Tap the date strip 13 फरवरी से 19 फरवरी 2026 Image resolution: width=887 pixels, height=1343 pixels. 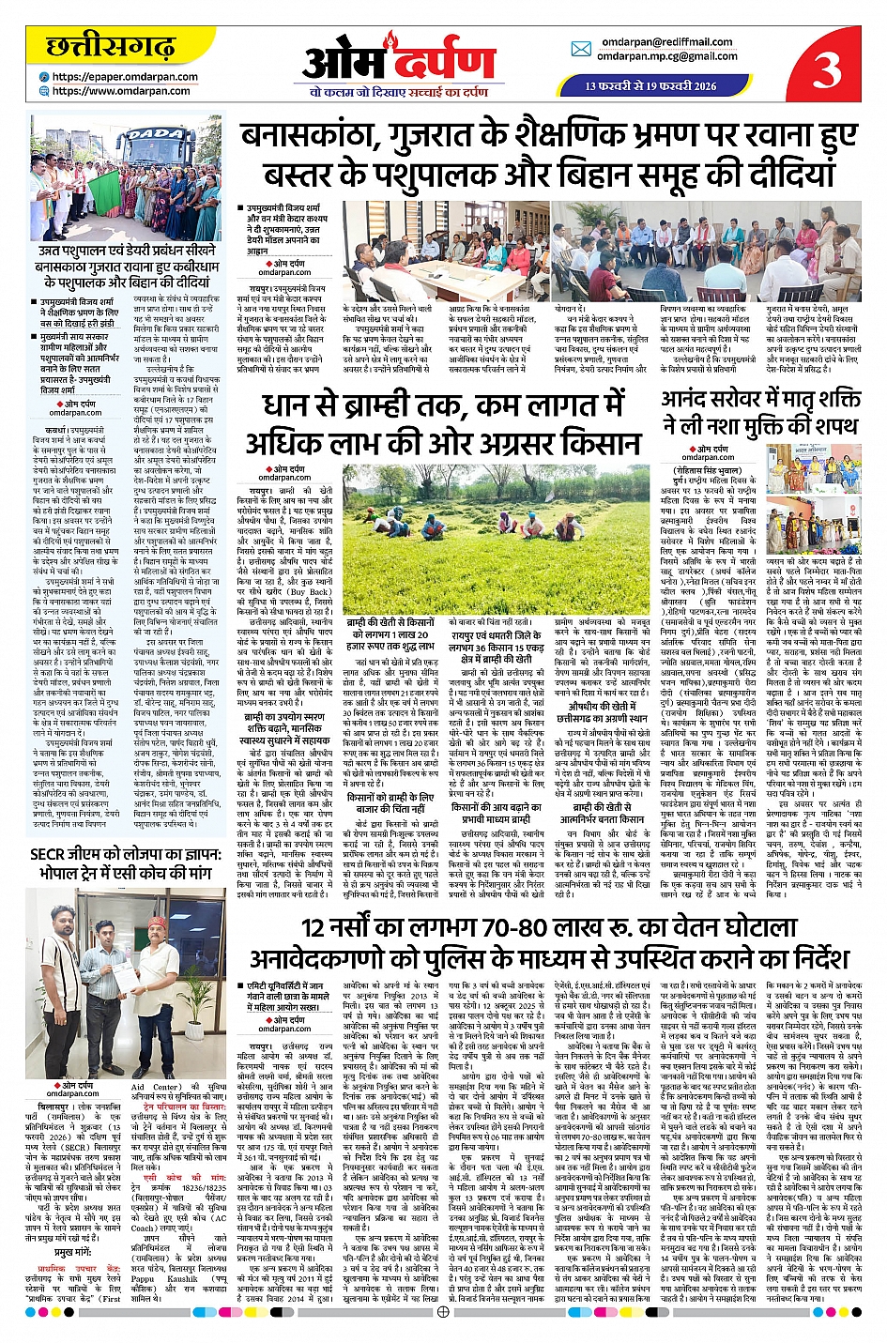pyautogui.click(x=650, y=85)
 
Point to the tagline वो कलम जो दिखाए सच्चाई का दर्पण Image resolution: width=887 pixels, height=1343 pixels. pyautogui.click(x=399, y=92)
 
